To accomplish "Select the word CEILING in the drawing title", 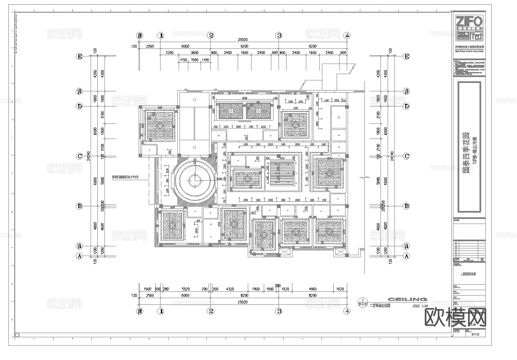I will (407, 299).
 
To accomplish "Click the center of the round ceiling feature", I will (194, 181).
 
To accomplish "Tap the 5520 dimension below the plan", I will (185, 289).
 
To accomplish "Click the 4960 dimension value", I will (312, 289).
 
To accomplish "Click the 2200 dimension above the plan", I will (169, 53).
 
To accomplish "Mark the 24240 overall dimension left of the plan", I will (88, 156).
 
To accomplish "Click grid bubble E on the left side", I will (79, 56).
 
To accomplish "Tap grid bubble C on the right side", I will (406, 156).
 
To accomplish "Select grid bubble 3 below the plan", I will (279, 312).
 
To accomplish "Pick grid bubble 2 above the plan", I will (211, 36).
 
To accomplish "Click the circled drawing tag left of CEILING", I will (361, 302).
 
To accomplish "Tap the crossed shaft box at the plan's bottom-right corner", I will (340, 252).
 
